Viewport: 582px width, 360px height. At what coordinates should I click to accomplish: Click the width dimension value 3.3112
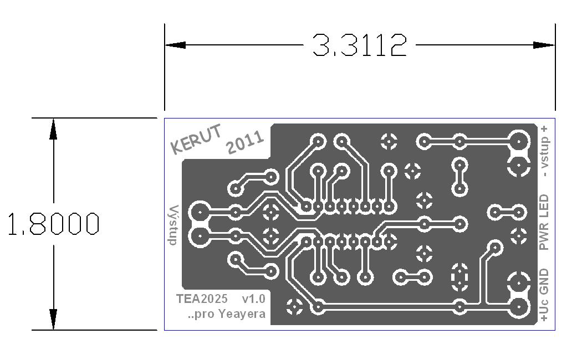pyautogui.click(x=359, y=45)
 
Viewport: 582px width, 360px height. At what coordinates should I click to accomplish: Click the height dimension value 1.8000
pyautogui.click(x=53, y=224)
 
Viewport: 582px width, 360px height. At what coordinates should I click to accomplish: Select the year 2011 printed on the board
pyautogui.click(x=245, y=142)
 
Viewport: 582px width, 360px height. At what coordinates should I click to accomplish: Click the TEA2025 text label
pyautogui.click(x=202, y=299)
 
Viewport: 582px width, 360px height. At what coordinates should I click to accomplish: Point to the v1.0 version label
pyautogui.click(x=253, y=299)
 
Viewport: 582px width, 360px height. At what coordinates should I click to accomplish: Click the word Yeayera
pyautogui.click(x=242, y=314)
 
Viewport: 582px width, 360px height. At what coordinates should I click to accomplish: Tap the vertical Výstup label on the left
pyautogui.click(x=173, y=225)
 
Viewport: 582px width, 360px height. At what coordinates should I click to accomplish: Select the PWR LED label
pyautogui.click(x=544, y=222)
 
